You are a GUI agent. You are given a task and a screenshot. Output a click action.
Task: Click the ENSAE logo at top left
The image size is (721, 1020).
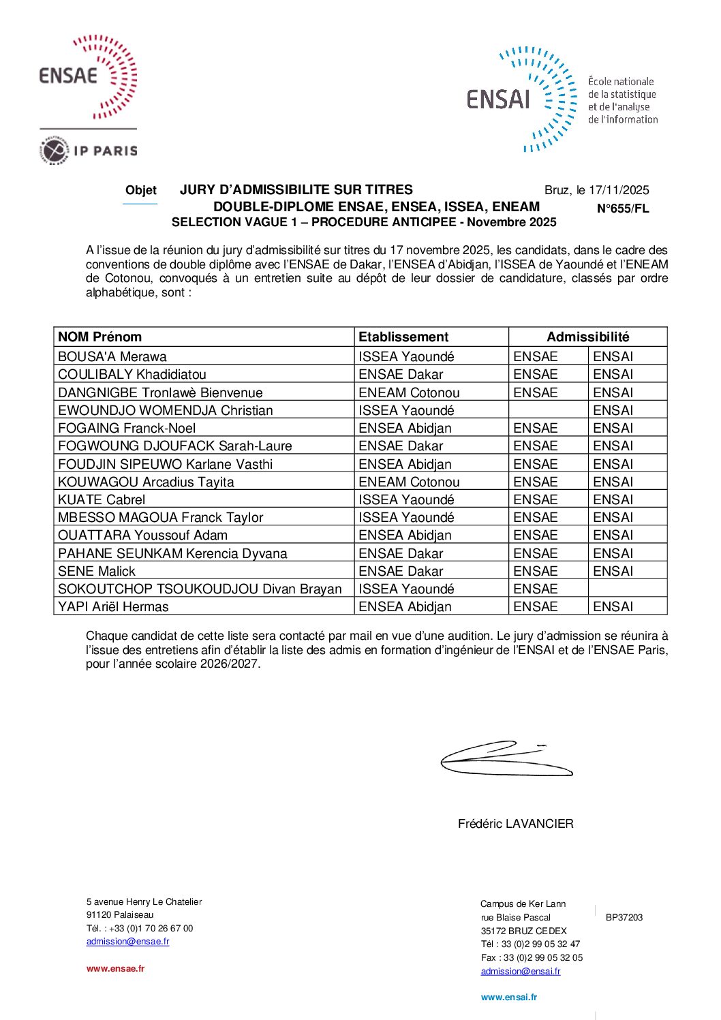88,76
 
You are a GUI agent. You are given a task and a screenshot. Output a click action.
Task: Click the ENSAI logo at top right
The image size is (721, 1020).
521,99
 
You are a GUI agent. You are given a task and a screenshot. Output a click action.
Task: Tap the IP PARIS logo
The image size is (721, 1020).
89,151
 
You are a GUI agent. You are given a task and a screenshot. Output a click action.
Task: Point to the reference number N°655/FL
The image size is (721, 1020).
623,208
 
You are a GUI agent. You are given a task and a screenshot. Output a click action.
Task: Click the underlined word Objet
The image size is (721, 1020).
141,190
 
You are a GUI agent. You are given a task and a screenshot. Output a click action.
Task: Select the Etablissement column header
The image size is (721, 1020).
403,337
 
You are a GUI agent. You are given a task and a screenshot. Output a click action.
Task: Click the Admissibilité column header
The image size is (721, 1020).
587,337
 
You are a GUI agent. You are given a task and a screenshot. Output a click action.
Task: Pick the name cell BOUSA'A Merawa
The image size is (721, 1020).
112,356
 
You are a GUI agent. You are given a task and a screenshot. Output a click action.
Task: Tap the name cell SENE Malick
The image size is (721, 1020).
97,571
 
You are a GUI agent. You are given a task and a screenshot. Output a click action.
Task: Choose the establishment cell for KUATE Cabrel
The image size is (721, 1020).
406,499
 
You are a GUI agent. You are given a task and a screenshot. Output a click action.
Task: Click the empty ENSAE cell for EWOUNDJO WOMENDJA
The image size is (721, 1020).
548,410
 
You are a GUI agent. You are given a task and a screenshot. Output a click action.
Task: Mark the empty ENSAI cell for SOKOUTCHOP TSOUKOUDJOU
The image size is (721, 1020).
627,589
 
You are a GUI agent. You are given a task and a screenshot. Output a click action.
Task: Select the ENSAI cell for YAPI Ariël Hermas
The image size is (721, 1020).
613,606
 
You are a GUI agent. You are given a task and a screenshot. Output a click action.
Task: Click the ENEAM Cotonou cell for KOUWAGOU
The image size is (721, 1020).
409,482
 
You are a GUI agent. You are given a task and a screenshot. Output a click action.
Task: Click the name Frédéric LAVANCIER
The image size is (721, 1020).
515,824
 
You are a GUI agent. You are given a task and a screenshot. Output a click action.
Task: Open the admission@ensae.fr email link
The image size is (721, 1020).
127,942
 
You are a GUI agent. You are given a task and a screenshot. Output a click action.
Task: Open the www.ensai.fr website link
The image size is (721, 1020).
508,997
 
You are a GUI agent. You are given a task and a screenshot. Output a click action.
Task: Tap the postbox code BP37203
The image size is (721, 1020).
624,917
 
